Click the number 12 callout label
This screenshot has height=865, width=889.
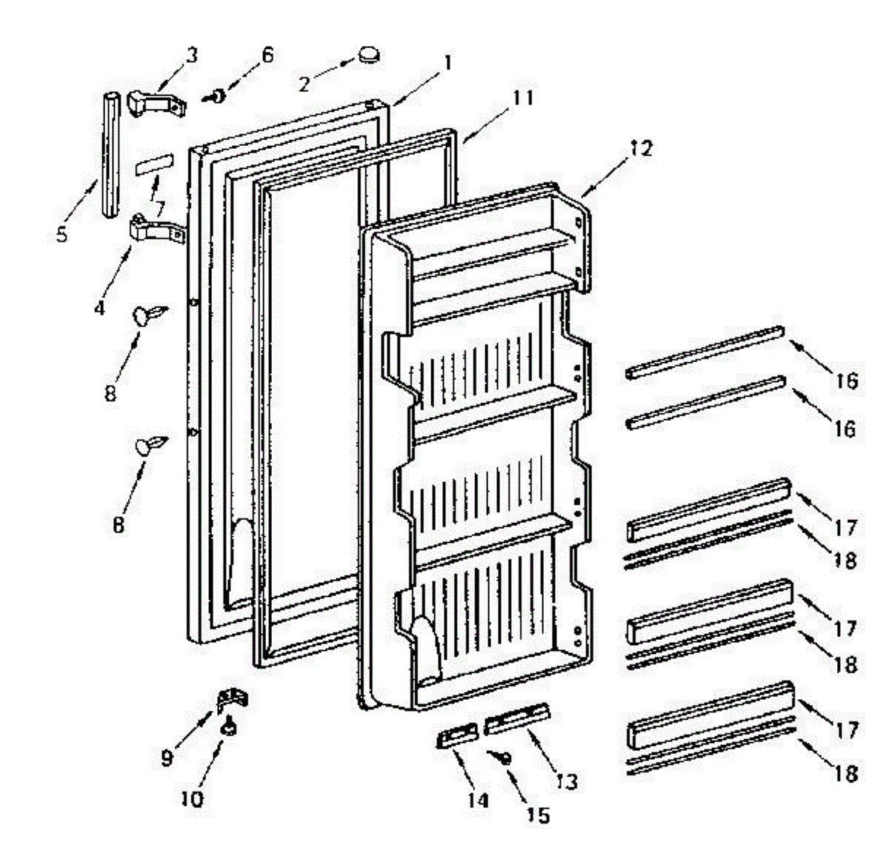642,149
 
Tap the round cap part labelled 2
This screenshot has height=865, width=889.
368,54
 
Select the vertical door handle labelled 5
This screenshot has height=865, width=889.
110,154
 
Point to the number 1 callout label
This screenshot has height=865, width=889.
447,62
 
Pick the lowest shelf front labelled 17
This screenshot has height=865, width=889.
710,722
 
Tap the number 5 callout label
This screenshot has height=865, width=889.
61,234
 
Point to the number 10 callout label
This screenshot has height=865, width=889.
191,800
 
